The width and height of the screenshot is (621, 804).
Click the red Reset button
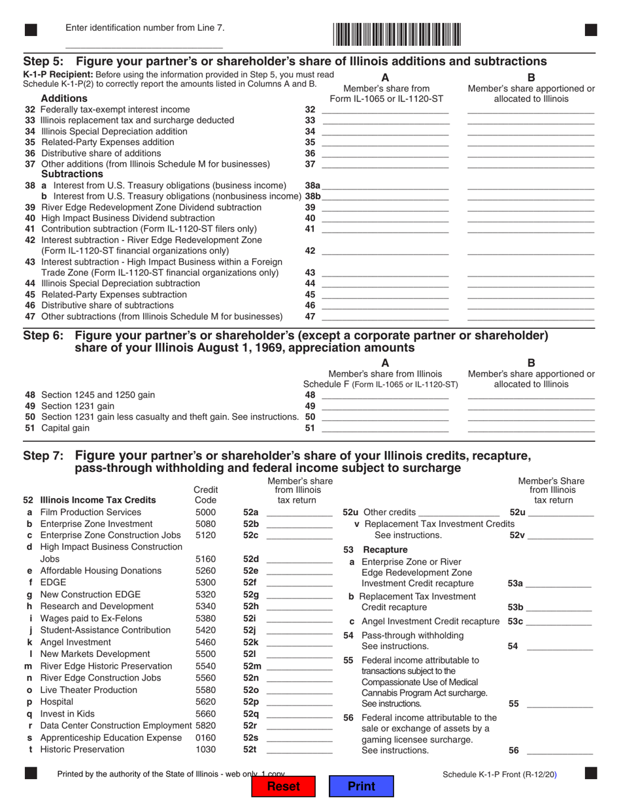pos(284,786)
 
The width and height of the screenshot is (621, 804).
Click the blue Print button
pos(361,786)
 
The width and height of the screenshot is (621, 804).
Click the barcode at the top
pos(397,33)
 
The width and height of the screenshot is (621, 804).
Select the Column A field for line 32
pos(386,109)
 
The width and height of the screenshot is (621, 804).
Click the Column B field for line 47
pos(531,316)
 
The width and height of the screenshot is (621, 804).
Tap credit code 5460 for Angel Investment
pos(206,643)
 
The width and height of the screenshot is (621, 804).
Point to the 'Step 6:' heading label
pos(44,336)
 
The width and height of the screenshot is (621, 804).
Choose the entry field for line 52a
pos(299,512)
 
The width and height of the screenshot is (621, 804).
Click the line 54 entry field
pos(560,646)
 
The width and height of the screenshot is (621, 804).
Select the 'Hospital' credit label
pos(58,702)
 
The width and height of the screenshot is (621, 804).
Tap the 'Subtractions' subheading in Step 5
pos(72,175)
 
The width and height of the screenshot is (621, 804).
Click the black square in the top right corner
pos(590,29)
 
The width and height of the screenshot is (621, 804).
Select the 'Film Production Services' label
pos(90,512)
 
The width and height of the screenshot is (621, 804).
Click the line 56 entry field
pos(560,750)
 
